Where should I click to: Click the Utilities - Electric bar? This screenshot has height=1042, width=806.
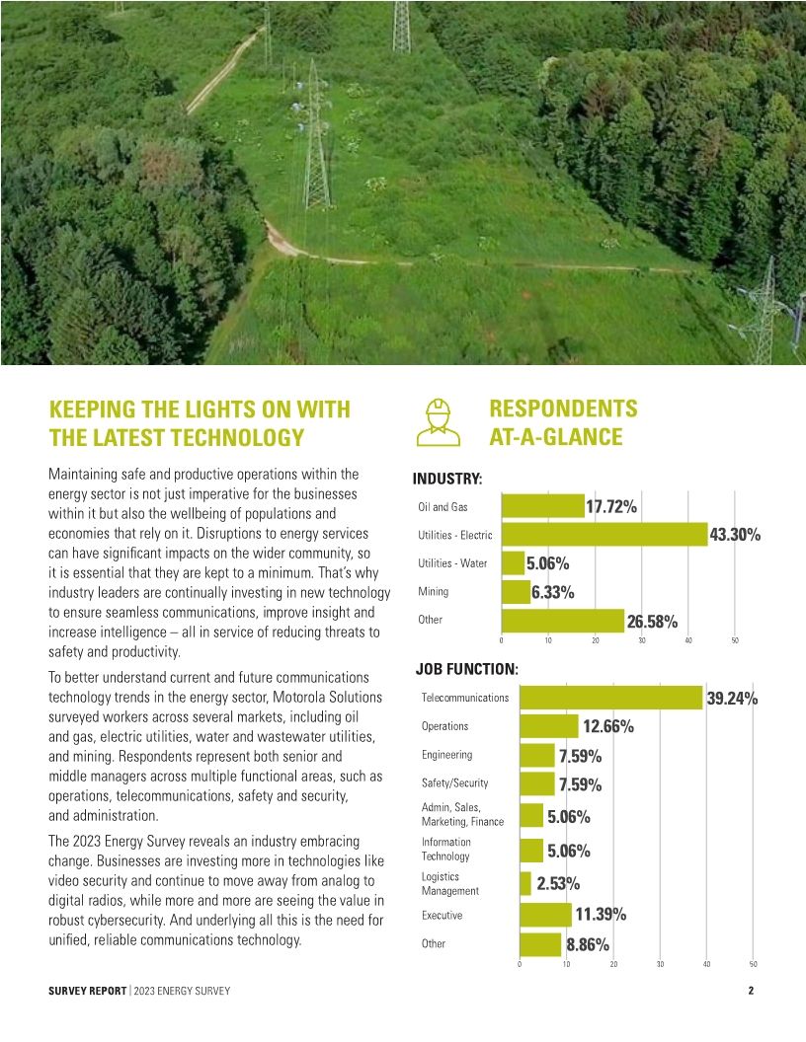[x=604, y=535]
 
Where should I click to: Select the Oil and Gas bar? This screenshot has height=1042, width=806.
[x=542, y=506]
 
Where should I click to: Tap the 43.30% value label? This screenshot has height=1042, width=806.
[x=735, y=535]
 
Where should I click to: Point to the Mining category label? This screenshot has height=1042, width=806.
[x=433, y=592]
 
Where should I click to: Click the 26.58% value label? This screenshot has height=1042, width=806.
[x=652, y=622]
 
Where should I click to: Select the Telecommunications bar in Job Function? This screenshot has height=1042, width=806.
[x=610, y=698]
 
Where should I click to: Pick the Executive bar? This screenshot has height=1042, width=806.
[x=545, y=915]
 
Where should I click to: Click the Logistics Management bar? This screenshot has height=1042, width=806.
[x=525, y=883]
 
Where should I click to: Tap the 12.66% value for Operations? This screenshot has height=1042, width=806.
[x=607, y=727]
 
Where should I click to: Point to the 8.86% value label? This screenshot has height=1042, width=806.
[x=587, y=944]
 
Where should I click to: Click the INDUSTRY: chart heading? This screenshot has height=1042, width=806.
[x=447, y=480]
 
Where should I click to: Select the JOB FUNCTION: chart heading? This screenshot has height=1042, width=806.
[x=466, y=668]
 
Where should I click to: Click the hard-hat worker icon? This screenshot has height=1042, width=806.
[x=438, y=421]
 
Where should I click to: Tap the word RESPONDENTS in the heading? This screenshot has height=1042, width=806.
[x=563, y=409]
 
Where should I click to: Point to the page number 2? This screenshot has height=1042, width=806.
[x=751, y=990]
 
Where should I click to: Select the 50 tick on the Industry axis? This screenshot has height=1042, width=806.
[x=735, y=641]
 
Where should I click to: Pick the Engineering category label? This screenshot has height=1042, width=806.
[x=446, y=755]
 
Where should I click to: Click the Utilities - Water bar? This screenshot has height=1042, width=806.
[x=513, y=563]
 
